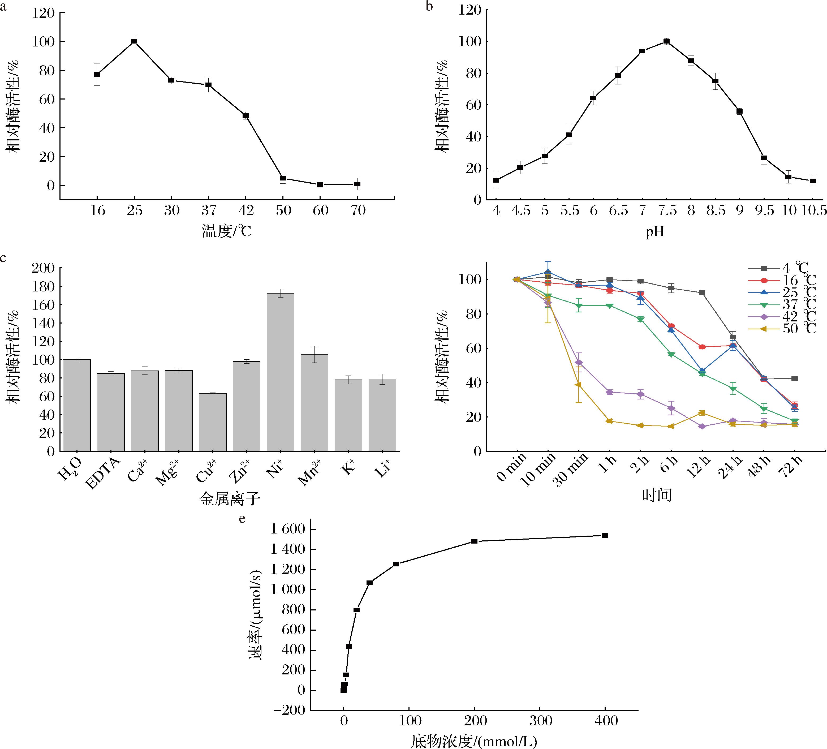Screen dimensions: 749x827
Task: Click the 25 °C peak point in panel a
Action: [x=134, y=41]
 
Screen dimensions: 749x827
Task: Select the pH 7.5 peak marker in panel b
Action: [x=667, y=41]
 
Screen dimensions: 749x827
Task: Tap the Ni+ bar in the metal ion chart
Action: [x=280, y=372]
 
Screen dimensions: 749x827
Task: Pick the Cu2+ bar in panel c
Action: [x=213, y=422]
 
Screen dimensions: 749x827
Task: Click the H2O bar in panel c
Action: [x=77, y=405]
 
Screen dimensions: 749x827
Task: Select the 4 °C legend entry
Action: [x=781, y=268]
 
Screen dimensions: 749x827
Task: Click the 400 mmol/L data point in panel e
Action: [x=605, y=535]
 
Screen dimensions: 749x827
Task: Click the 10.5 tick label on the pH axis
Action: [x=814, y=210]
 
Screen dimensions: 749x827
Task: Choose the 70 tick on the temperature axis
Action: [x=358, y=210]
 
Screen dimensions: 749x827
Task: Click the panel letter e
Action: [x=242, y=519]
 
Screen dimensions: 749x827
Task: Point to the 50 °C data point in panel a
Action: [x=283, y=178]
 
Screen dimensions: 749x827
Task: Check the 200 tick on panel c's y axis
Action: [x=43, y=268]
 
